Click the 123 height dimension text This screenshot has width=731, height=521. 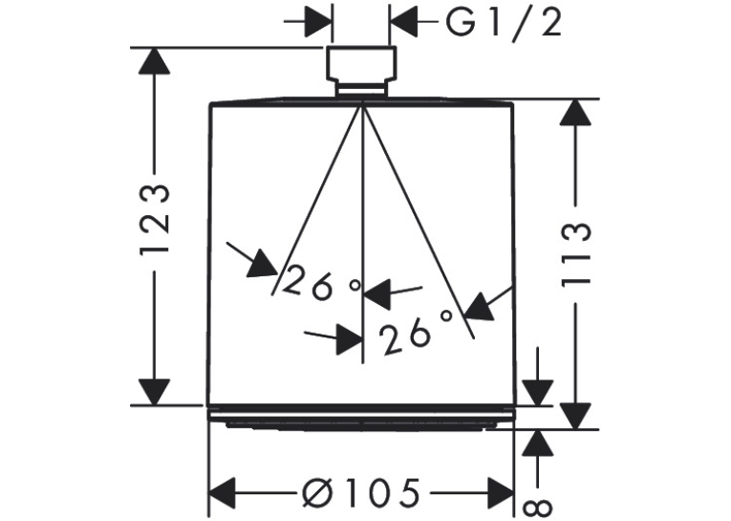click(x=154, y=219)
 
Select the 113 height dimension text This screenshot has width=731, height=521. click(x=576, y=254)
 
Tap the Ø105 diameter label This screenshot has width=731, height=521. click(x=360, y=492)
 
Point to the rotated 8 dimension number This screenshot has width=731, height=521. click(x=539, y=509)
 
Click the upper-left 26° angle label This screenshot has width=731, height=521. click(x=322, y=283)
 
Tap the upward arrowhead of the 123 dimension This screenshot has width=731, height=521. click(x=154, y=60)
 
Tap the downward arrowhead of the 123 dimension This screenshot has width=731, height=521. click(x=154, y=392)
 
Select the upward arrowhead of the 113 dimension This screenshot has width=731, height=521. click(x=576, y=113)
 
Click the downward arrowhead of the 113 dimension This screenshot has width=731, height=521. click(x=576, y=416)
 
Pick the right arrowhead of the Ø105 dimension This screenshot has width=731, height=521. click(x=500, y=492)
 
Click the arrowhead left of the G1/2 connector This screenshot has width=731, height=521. click(x=318, y=21)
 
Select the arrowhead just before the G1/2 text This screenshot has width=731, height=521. click(x=404, y=21)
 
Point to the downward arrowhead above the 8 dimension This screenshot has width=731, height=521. click(x=538, y=393)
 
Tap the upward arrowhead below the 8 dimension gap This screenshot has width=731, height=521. click(x=538, y=443)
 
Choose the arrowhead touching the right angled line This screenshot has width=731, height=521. click(x=480, y=307)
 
